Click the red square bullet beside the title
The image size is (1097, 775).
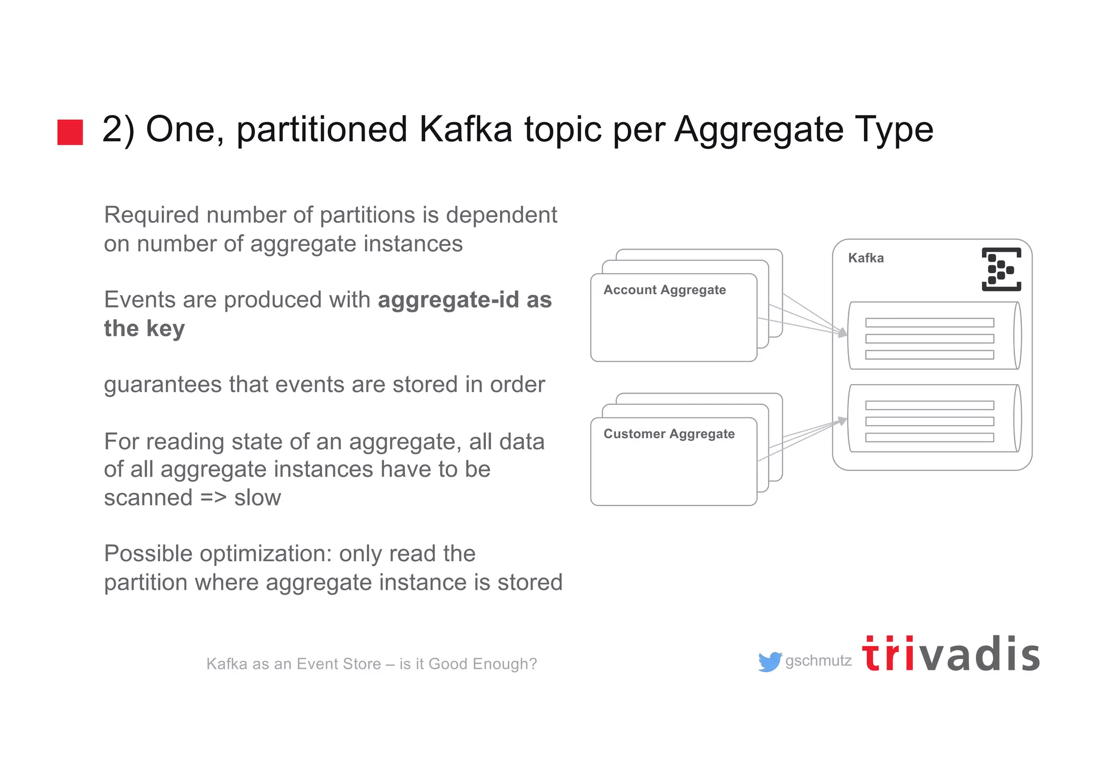70,132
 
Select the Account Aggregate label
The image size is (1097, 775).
664,290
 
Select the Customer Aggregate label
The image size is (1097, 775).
668,434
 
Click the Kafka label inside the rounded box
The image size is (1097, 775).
866,258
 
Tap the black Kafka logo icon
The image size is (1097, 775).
1001,269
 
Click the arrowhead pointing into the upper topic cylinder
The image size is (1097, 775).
843,333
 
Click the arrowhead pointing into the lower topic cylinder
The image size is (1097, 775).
843,421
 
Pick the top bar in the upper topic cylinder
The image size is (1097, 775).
929,322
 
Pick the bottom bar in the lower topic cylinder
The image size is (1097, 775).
929,438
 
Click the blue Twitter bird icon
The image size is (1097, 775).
770,662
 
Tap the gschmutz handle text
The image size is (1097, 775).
818,661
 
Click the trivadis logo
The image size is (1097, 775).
951,654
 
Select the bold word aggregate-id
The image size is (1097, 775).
448,300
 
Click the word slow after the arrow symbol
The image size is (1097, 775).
257,498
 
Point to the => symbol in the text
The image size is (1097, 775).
213,498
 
